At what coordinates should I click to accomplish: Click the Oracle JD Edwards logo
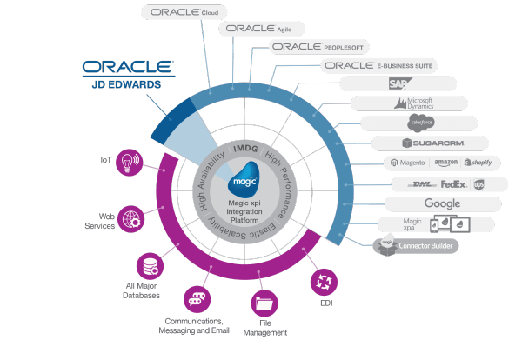click(129, 73)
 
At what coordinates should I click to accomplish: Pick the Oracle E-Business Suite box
click(378, 65)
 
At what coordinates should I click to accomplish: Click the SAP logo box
click(398, 83)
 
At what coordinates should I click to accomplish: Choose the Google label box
click(442, 203)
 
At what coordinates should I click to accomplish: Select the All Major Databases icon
click(147, 265)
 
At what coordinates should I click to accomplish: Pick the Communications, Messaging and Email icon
click(197, 298)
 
